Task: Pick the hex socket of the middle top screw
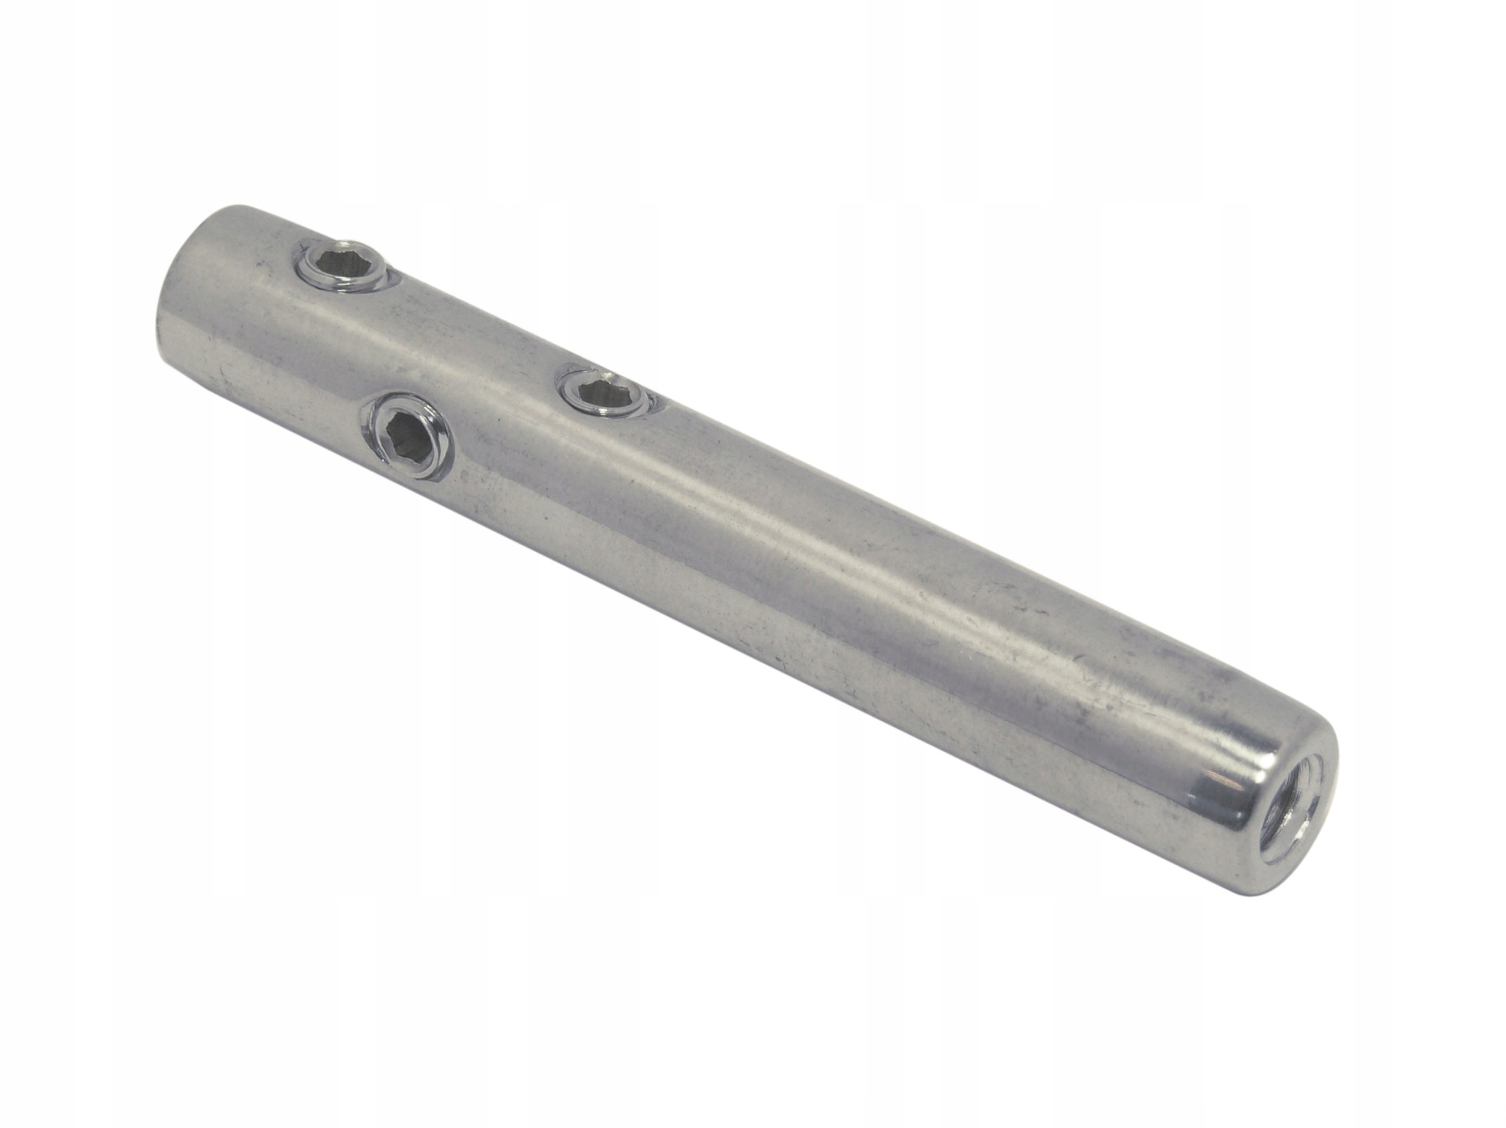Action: point(601,392)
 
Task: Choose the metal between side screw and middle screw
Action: point(504,416)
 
